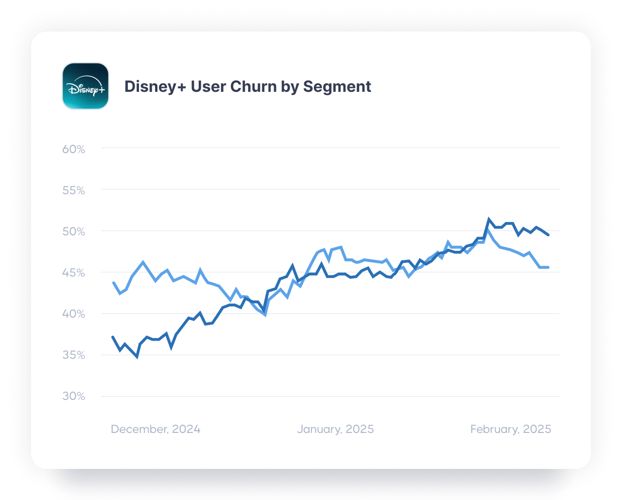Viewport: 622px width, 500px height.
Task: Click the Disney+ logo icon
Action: point(86,86)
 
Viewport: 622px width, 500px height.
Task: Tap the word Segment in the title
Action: point(337,86)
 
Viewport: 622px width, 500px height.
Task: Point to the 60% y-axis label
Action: point(74,149)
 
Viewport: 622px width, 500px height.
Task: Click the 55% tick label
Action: point(74,190)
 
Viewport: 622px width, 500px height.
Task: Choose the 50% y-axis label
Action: point(74,232)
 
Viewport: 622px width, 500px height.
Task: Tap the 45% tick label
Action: point(74,273)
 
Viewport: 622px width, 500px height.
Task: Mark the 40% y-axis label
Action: point(74,314)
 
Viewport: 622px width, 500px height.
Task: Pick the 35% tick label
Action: point(74,356)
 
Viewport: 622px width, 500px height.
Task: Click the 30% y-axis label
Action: point(74,397)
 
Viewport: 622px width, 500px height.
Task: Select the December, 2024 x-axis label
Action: point(155,430)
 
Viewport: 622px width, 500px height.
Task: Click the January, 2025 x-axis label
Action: point(335,430)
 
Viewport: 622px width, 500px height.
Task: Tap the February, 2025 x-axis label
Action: point(511,430)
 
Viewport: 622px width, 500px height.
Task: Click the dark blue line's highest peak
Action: point(488,219)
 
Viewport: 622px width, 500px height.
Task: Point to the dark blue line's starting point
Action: point(113,337)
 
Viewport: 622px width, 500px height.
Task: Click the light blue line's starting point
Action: point(113,282)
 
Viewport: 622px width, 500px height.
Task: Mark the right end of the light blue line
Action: point(548,267)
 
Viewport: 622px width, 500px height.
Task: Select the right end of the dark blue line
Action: point(548,235)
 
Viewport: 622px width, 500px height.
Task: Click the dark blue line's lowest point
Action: point(137,357)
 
